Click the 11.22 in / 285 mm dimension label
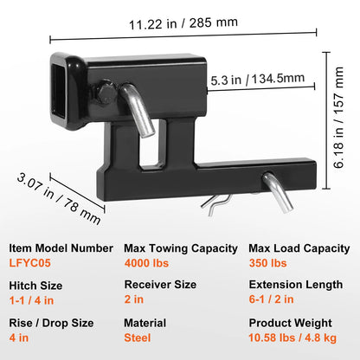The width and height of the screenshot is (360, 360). [183, 23]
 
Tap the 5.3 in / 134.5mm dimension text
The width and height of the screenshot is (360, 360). [257, 79]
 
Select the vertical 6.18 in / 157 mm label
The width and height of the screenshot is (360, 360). [338, 117]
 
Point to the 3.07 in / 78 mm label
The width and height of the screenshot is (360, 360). [59, 198]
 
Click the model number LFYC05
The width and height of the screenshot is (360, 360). [30, 263]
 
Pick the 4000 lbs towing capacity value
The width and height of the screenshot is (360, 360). [146, 263]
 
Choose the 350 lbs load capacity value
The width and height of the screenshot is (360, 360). [268, 263]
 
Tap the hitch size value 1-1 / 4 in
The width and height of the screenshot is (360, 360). [31, 300]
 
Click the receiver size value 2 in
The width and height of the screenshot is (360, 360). [134, 299]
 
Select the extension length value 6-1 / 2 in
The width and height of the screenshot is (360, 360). [272, 299]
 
